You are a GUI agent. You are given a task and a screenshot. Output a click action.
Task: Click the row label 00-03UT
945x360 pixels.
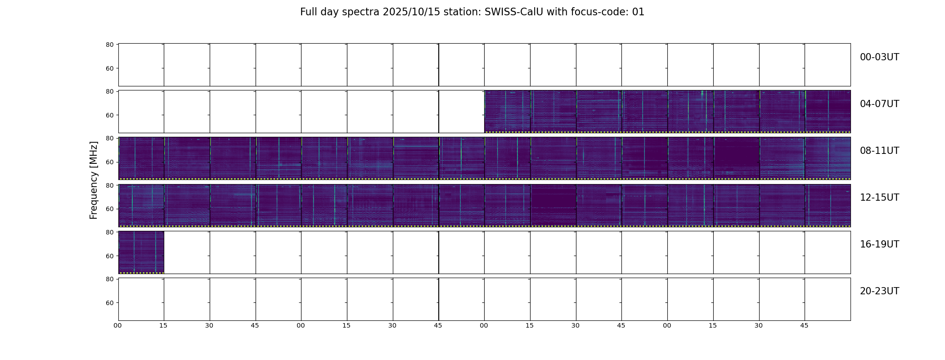pos(879,57)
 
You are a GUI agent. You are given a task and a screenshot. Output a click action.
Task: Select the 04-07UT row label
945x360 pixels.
pos(879,104)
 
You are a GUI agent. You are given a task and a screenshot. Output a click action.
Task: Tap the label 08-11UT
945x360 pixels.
pos(879,151)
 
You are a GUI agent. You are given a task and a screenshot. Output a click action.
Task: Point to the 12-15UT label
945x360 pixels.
pos(879,198)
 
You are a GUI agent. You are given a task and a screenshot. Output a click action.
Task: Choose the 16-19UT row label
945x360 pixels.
pos(879,244)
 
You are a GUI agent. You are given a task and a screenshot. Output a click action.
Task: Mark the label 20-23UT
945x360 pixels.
pos(879,291)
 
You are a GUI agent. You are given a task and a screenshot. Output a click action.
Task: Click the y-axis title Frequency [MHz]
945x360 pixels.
pos(94,180)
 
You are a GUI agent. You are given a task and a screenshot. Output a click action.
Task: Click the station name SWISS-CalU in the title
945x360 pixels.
pos(514,12)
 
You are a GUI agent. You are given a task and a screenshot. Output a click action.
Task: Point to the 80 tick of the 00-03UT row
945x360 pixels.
pos(110,45)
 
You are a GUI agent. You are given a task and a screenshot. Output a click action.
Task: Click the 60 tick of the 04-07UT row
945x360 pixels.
pos(110,115)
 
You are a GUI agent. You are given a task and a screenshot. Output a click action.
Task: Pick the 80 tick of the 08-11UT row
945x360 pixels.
pos(110,139)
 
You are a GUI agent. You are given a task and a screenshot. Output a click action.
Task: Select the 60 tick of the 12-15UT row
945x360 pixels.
pos(110,209)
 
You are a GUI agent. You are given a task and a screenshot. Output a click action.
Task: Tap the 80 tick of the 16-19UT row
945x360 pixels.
pos(110,232)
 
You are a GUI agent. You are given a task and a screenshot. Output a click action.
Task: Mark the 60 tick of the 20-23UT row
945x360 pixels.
pos(110,303)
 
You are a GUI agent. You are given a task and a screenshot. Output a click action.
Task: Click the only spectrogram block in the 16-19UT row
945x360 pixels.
pos(141,252)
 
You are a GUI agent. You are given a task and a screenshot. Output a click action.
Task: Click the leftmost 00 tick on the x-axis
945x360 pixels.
pos(117,325)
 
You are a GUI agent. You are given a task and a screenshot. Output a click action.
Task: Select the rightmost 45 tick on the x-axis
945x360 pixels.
pos(804,325)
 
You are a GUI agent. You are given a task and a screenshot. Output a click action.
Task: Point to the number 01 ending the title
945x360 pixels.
pos(639,12)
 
